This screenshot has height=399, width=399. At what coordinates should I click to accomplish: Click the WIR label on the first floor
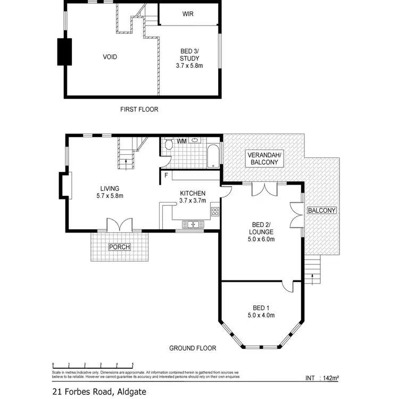(187, 14)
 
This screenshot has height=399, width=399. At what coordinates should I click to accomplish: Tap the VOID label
(110, 57)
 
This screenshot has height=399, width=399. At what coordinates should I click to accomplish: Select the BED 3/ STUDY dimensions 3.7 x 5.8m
(189, 66)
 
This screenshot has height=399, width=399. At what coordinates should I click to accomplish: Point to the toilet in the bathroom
(168, 145)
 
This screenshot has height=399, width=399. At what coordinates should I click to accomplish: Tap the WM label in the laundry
(181, 141)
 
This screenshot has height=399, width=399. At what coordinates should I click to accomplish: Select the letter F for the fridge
(166, 175)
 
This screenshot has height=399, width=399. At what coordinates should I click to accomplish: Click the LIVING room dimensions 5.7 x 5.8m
(110, 196)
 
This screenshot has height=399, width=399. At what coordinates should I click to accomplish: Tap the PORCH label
(119, 247)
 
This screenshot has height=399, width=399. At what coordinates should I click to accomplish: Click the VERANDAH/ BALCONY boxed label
(264, 159)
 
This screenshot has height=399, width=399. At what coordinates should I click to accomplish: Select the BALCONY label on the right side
(322, 211)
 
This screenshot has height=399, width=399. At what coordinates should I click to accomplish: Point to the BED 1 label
(261, 307)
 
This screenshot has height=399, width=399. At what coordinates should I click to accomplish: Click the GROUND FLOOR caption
(193, 348)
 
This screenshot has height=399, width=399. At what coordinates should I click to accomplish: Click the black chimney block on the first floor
(64, 52)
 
